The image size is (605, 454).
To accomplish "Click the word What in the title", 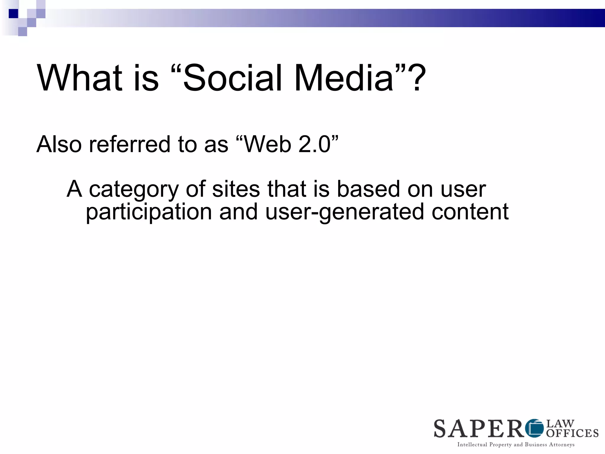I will click(x=79, y=78).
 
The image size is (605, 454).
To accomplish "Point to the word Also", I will click(x=59, y=145).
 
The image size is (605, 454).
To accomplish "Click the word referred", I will click(x=130, y=145).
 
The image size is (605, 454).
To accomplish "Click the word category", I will click(x=134, y=190).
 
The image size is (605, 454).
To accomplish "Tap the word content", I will click(x=470, y=212).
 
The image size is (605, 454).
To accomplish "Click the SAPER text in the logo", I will click(x=479, y=429).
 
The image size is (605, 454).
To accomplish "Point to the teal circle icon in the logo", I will click(x=535, y=428).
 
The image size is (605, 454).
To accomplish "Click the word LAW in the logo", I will click(x=560, y=424).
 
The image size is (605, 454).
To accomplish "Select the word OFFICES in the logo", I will click(x=572, y=433).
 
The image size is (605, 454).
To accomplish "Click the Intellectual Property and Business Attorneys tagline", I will click(x=516, y=445).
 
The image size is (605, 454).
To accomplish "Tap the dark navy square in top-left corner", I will click(x=13, y=14).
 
